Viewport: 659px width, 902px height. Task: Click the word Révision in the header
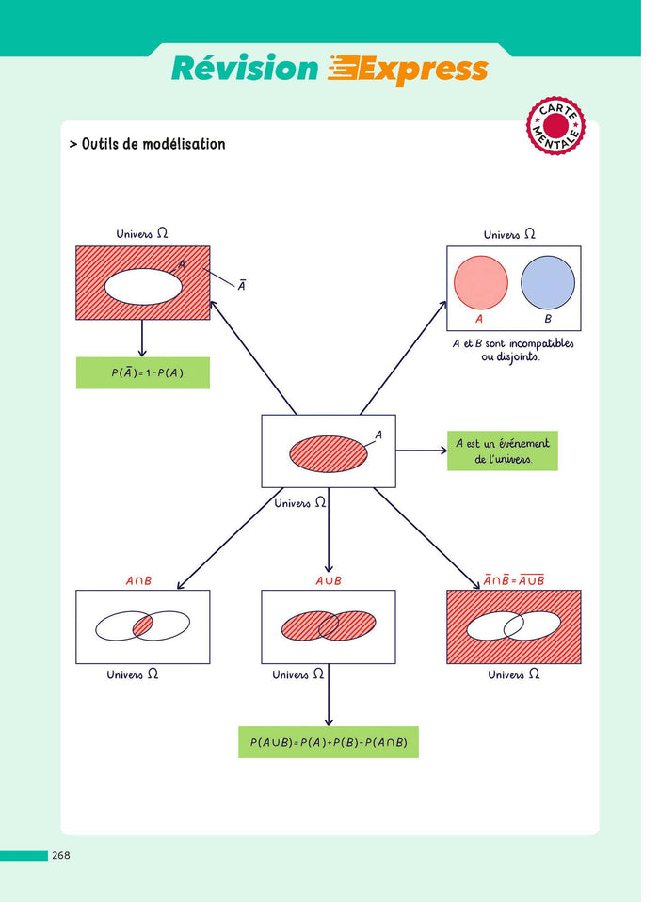[x=245, y=69]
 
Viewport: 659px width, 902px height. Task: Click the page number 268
[x=61, y=855]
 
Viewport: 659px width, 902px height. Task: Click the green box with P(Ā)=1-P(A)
[x=142, y=372]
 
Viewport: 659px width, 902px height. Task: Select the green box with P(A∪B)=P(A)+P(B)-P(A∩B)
[x=328, y=742]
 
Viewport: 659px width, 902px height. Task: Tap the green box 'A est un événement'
[x=502, y=451]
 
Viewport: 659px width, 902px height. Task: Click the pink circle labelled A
[x=480, y=282]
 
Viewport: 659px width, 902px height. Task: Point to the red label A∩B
[x=138, y=581]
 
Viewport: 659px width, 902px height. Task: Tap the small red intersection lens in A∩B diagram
[x=141, y=625]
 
